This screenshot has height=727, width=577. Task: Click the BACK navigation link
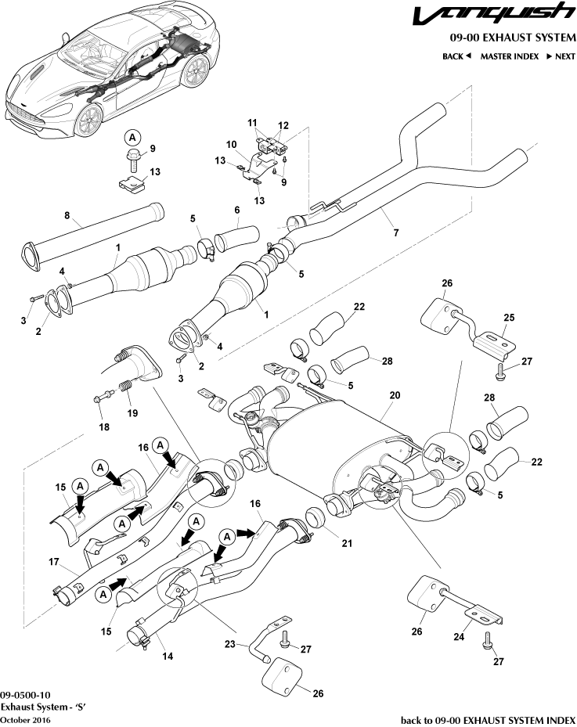456,56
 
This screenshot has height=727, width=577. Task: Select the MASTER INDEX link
509,56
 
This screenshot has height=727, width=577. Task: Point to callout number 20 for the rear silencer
395,396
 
